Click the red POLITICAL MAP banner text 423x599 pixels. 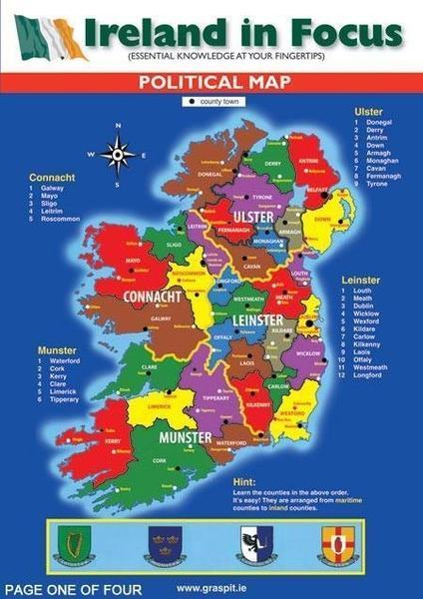click(x=211, y=83)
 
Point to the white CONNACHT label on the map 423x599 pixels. click(x=152, y=297)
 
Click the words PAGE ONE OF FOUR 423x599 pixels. click(x=73, y=589)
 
